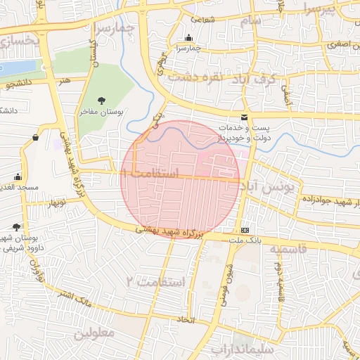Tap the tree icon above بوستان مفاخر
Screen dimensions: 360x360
pyautogui.click(x=102, y=101)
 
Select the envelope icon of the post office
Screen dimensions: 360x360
pyautogui.click(x=244, y=117)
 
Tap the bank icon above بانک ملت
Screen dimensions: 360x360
pyautogui.click(x=244, y=231)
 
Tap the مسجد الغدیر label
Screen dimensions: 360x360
pyautogui.click(x=15, y=188)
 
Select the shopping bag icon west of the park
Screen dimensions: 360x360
pyautogui.click(x=34, y=139)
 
